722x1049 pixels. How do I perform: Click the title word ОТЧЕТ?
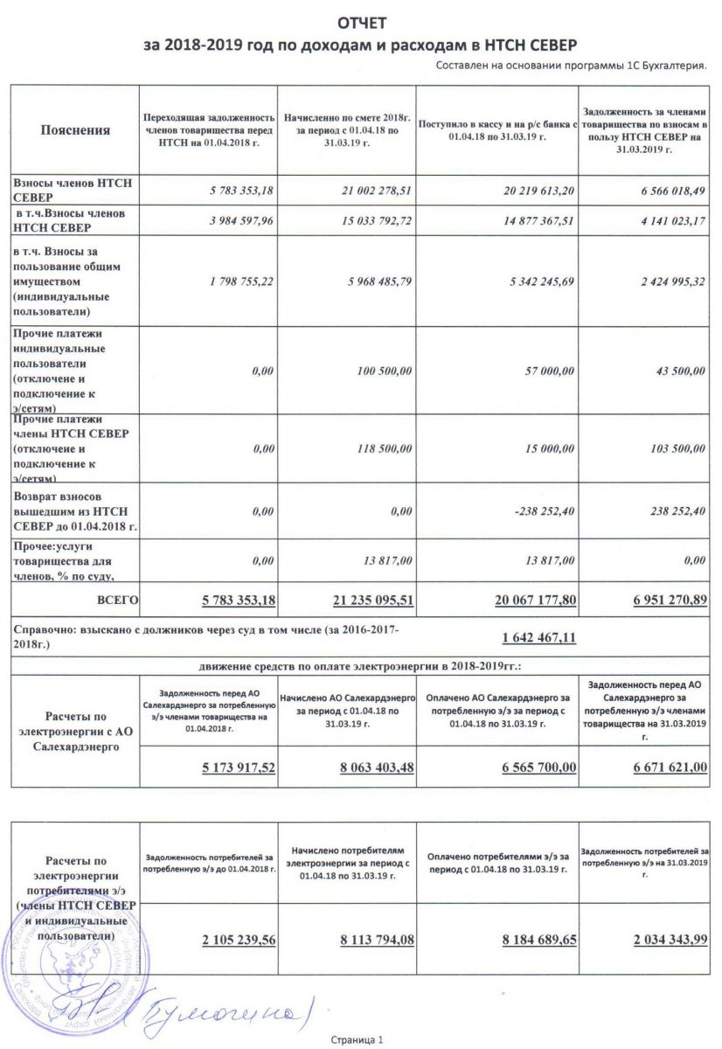(x=361, y=22)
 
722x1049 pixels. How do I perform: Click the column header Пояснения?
(x=75, y=130)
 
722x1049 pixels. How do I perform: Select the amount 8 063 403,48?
(x=375, y=767)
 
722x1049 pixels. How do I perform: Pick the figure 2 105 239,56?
(x=226, y=939)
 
